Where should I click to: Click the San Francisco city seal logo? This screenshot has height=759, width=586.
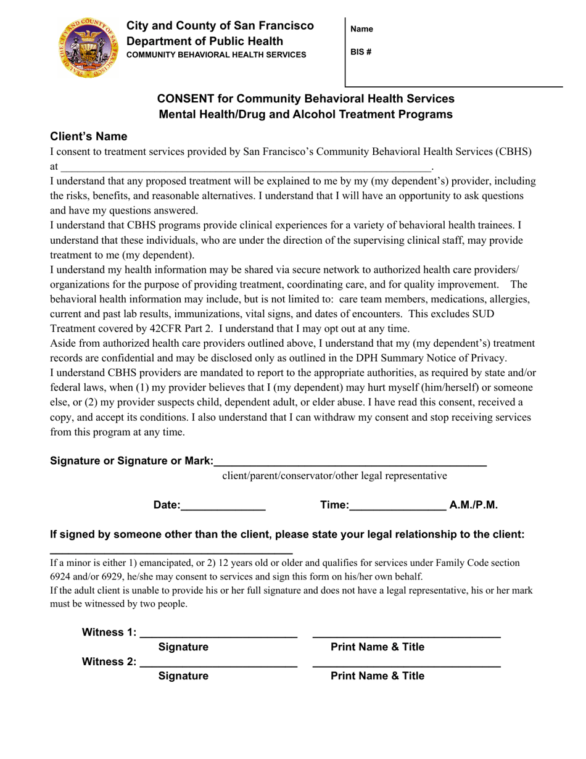click(x=87, y=48)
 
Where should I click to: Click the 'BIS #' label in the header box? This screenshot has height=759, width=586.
click(x=361, y=52)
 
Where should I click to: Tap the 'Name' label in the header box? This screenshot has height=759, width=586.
click(x=361, y=29)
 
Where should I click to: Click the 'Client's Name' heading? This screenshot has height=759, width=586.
click(x=89, y=136)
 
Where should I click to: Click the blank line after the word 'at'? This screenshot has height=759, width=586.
click(x=247, y=167)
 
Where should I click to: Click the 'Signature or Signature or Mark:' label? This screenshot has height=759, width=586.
click(x=131, y=461)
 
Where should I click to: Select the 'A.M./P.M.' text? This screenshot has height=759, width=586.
click(x=473, y=505)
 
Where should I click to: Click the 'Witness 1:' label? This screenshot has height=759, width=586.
click(x=109, y=632)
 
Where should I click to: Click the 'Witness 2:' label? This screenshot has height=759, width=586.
click(x=109, y=662)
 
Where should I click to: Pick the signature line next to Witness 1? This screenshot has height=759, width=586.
click(x=219, y=634)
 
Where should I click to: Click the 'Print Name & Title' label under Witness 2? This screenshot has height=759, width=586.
click(x=378, y=676)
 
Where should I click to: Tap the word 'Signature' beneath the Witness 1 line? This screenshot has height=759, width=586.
click(x=183, y=647)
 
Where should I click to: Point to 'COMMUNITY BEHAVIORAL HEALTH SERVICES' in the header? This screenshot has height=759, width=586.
click(x=216, y=55)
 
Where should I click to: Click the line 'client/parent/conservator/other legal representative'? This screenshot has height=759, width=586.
click(x=334, y=476)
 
